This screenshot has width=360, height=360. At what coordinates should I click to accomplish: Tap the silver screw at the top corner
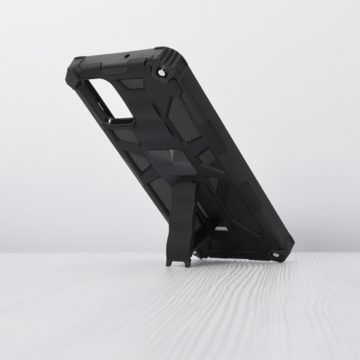pyautogui.click(x=162, y=73)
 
